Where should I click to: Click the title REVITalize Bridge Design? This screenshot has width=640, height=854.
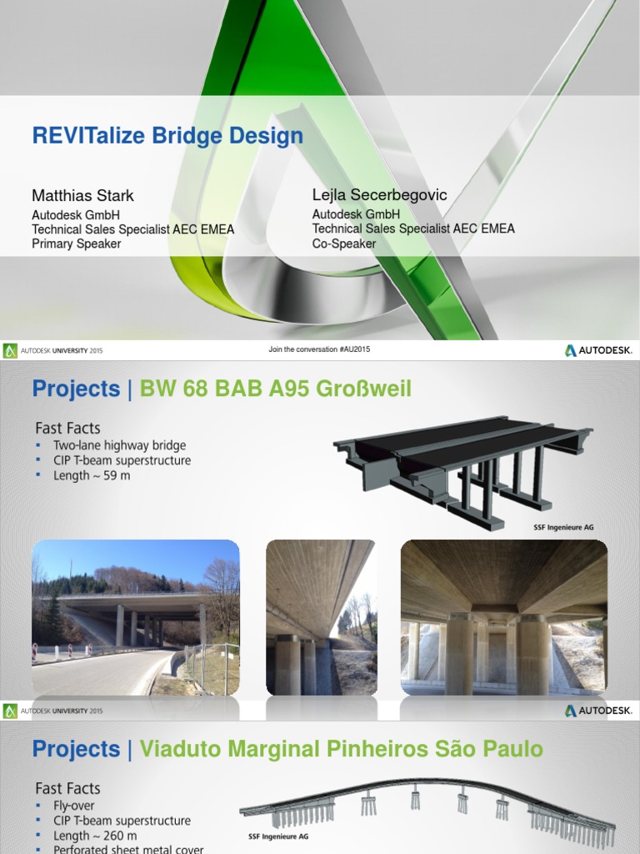pos(167,136)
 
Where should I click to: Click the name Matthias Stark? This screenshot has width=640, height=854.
pos(82,196)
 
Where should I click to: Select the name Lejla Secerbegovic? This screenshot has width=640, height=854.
pos(379,195)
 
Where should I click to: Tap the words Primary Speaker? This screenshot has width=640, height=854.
pos(77,244)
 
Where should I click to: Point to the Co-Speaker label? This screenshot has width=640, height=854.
pos(344,244)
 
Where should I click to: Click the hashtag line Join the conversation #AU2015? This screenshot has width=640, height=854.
pos(319,349)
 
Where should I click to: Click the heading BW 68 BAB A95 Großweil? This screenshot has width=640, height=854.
pos(275,389)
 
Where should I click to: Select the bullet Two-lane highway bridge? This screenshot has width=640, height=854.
pos(119,445)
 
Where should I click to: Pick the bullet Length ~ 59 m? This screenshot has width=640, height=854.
pos(92,475)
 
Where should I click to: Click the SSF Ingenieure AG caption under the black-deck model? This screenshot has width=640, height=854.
pos(563,527)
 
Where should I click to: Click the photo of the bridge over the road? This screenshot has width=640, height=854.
pos(136,617)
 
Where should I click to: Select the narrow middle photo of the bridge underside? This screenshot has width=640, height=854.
pos(320,617)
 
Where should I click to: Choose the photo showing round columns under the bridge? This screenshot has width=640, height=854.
pos(503,617)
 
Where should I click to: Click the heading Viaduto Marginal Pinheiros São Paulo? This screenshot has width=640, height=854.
pos(341,749)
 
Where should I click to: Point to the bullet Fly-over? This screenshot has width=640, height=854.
pos(74,806)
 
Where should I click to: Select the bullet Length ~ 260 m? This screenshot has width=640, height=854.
pos(95,836)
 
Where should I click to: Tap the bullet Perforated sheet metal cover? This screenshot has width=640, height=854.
pos(128,849)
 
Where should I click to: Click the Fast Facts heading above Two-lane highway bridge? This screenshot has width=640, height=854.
pos(67,428)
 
